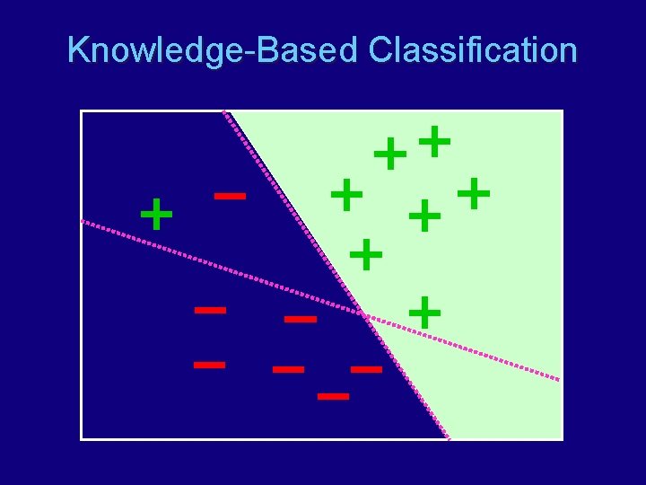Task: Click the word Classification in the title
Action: [x=472, y=50]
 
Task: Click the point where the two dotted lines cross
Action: [x=363, y=314]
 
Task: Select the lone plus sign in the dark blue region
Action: [x=157, y=215]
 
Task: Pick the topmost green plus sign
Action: [x=435, y=141]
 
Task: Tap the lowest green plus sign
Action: [x=424, y=313]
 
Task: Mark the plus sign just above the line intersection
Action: [x=366, y=254]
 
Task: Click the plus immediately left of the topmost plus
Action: [x=390, y=154]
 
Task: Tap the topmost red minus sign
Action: [x=231, y=195]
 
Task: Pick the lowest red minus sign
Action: [x=333, y=395]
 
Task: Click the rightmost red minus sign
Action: [x=366, y=369]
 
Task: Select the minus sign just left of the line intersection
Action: [x=301, y=319]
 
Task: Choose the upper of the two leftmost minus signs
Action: [x=211, y=310]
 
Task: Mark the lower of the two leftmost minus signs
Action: [x=210, y=365]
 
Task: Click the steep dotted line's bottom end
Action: [x=449, y=438]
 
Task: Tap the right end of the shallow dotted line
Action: [x=560, y=380]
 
